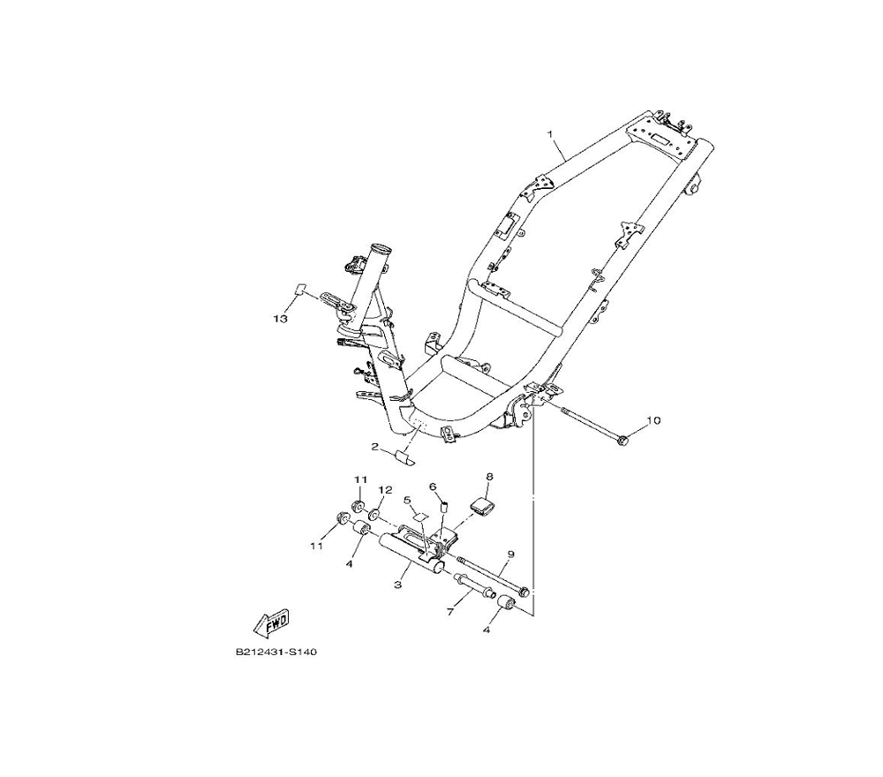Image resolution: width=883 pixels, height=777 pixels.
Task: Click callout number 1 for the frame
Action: tap(550, 134)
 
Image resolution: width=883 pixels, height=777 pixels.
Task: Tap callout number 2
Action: tap(375, 447)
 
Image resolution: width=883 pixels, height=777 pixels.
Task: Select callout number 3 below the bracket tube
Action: tap(398, 585)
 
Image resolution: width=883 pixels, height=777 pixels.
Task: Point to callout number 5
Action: tap(408, 500)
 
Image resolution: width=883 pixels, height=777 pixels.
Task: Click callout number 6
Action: tap(434, 487)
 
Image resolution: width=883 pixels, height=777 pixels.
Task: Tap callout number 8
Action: tap(489, 477)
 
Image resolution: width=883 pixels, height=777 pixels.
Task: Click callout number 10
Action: tap(653, 420)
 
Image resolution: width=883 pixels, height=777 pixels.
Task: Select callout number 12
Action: tap(385, 490)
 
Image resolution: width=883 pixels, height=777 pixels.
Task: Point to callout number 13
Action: tap(280, 319)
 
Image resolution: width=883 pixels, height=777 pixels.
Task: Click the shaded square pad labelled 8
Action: tap(485, 506)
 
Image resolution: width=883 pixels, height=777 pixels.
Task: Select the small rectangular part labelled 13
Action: tap(300, 289)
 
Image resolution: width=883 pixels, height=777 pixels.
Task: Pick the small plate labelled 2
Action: tap(404, 457)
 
